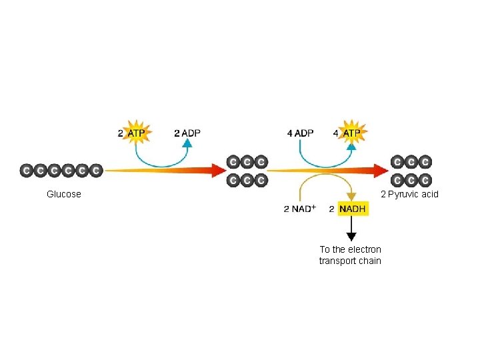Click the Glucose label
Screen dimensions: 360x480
[64, 194]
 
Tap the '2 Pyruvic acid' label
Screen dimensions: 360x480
[409, 194]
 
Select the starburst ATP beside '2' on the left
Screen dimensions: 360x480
[136, 133]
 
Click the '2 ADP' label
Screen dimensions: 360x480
[187, 133]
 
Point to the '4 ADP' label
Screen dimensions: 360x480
[300, 133]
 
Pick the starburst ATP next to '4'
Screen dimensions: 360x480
[351, 133]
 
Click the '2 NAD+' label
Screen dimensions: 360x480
[299, 209]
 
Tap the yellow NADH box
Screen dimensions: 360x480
[352, 209]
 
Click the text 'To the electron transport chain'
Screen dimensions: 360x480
[350, 255]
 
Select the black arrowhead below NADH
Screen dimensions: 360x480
[351, 236]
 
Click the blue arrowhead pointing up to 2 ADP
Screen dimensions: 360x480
[188, 143]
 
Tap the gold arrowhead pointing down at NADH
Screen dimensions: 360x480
[351, 197]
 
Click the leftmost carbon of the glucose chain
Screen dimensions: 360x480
[26, 171]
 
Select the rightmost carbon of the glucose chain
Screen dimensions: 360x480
[96, 171]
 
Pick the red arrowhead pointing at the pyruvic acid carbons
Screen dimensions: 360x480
[381, 171]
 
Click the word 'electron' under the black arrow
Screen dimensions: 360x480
[364, 249]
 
